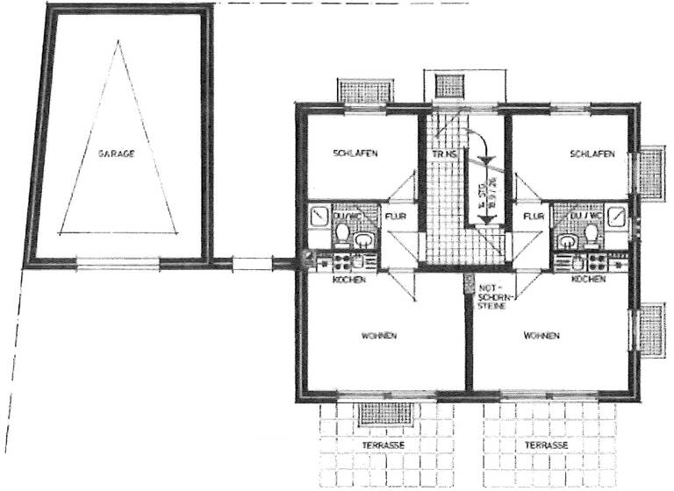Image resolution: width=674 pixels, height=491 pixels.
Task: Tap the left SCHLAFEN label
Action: pos(355,153)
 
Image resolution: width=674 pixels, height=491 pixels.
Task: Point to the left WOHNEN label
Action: pos(379,336)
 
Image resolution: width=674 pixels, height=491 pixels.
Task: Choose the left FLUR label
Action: pos(393,215)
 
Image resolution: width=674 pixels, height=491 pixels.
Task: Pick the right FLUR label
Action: pos(532,215)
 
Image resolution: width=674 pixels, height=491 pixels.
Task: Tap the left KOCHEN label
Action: pos(348,279)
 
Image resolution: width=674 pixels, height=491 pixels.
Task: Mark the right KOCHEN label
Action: pos(587,279)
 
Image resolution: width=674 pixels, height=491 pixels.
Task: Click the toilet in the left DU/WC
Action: pos(342,232)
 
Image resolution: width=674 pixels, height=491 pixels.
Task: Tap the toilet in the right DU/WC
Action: pos(593,233)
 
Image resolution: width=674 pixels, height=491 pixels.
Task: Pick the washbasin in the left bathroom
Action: pos(364,239)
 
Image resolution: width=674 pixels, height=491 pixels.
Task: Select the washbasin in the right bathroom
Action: pos(570,239)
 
